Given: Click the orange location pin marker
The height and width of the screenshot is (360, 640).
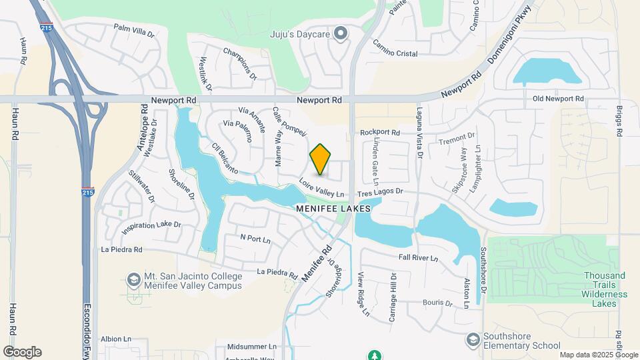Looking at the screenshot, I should tap(321, 159).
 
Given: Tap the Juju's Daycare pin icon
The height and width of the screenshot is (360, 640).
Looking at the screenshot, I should tap(341, 33).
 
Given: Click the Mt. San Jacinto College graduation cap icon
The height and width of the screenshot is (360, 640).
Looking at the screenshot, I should tap(132, 279).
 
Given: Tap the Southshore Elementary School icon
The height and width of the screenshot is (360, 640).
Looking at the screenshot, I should tap(473, 339).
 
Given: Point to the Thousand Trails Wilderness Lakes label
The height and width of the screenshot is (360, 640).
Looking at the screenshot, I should tap(605, 289).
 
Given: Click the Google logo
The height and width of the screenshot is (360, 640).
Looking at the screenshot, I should tap(22, 352).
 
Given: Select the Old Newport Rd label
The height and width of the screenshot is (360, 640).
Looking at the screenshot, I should tap(558, 99).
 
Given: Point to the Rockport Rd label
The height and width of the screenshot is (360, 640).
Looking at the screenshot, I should tap(379, 133).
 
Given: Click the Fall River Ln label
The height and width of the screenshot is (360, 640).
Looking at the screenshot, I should tap(418, 257).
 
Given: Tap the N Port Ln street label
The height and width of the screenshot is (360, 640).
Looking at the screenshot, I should tap(255, 238).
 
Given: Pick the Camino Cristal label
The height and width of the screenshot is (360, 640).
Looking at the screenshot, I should tap(395, 53).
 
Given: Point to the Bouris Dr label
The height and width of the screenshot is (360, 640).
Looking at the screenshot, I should tap(438, 303).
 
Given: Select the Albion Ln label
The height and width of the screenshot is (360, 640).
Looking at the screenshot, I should tap(116, 339).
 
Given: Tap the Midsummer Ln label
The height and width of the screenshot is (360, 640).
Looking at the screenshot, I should tap(251, 347).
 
